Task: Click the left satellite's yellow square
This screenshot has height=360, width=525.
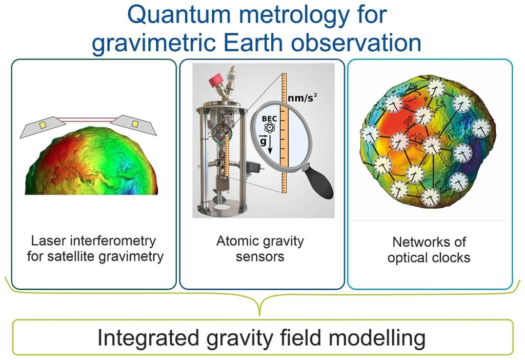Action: [43, 125]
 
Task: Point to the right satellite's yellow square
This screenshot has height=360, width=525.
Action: [135, 124]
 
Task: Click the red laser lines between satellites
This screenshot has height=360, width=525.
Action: [88, 119]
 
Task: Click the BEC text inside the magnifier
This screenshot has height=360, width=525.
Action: [269, 119]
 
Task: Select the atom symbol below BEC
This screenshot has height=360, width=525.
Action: [269, 128]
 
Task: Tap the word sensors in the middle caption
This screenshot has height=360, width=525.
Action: [260, 257]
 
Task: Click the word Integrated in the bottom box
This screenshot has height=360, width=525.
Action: [148, 338]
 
